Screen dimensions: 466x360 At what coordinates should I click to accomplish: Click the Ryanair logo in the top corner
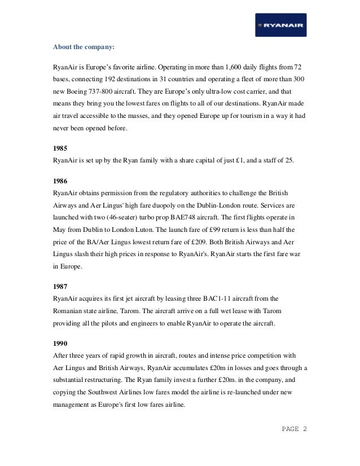tap(280, 25)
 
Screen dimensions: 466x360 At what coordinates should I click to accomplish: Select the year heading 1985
tap(60, 148)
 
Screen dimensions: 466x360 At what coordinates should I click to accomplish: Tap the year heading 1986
tap(60, 181)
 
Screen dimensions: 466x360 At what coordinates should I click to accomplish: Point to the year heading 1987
tap(60, 286)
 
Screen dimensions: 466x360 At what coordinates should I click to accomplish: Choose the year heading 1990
tap(60, 343)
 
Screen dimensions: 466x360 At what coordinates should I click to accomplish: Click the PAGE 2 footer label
tap(295, 429)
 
